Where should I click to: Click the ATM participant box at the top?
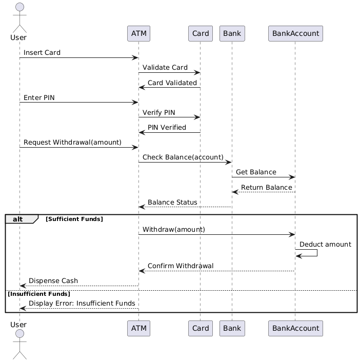click(138, 34)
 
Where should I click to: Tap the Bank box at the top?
click(232, 34)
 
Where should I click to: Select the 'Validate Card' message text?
click(165, 68)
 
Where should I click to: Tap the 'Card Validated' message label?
click(172, 83)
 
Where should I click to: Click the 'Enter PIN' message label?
click(39, 97)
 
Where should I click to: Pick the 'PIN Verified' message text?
click(167, 127)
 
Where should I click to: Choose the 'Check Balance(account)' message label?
click(183, 157)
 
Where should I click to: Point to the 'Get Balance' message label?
click(256, 172)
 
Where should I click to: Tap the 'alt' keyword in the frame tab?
click(18, 219)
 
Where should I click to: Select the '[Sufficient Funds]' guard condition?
click(74, 219)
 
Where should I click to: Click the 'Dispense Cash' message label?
click(53, 280)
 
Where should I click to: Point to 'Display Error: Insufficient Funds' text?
click(82, 304)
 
